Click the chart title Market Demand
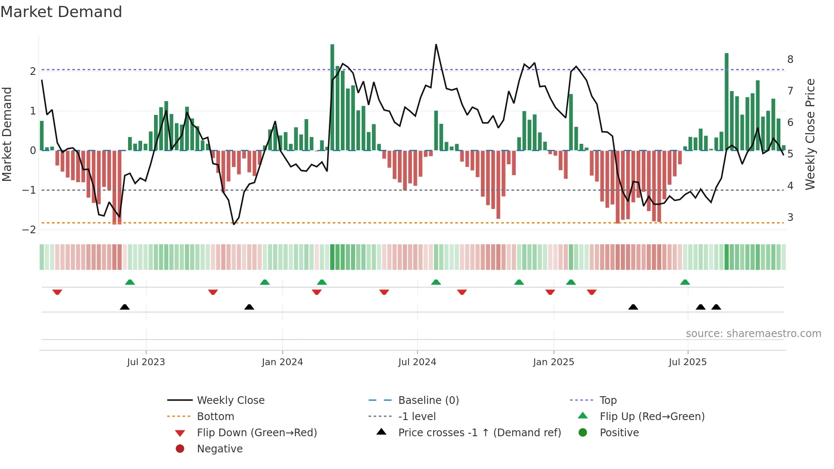pos(61,12)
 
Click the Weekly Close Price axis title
pos(810,134)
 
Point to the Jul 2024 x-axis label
pos(417,362)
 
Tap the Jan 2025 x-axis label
pos(553,362)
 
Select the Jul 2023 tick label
pos(146,362)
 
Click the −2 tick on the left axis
pos(29,230)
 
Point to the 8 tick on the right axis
pos(790,60)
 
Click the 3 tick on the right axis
pos(790,217)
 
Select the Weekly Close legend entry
pos(230,400)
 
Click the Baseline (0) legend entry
pos(428,400)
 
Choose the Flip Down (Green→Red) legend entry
pos(257,433)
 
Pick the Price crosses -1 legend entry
pos(479,433)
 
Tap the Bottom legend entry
pos(215,417)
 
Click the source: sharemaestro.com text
pos(753,334)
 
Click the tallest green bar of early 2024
pos(332,98)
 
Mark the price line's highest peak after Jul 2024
pos(436,45)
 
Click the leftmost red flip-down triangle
pos(57,292)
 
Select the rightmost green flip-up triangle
pos(685,282)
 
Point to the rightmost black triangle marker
pos(716,307)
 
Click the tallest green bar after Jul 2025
pos(727,102)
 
